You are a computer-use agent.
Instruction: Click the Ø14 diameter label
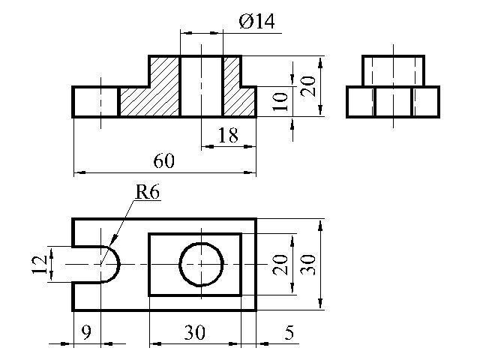click(x=256, y=22)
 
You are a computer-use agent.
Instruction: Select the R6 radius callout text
click(x=148, y=193)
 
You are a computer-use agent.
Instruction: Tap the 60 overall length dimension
click(x=163, y=161)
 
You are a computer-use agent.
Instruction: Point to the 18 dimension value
click(x=228, y=135)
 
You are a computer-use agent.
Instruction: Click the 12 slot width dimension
click(x=40, y=265)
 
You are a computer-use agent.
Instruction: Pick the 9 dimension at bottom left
click(x=87, y=332)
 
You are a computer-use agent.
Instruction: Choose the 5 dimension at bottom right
click(x=289, y=332)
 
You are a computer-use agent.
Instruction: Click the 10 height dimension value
click(x=280, y=101)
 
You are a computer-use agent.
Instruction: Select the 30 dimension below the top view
click(x=195, y=332)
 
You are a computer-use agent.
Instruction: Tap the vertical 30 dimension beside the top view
click(x=307, y=265)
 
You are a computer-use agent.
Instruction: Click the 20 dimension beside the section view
click(x=307, y=86)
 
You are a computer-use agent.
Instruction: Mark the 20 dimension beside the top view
click(x=280, y=265)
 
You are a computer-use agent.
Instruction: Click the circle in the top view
click(x=180, y=265)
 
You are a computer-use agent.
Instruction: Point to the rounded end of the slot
click(x=119, y=265)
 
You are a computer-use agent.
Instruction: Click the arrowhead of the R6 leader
click(x=115, y=238)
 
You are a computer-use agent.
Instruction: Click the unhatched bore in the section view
click(x=202, y=86)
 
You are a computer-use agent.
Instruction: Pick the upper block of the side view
click(x=393, y=70)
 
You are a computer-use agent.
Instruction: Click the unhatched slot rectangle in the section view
click(x=95, y=102)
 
